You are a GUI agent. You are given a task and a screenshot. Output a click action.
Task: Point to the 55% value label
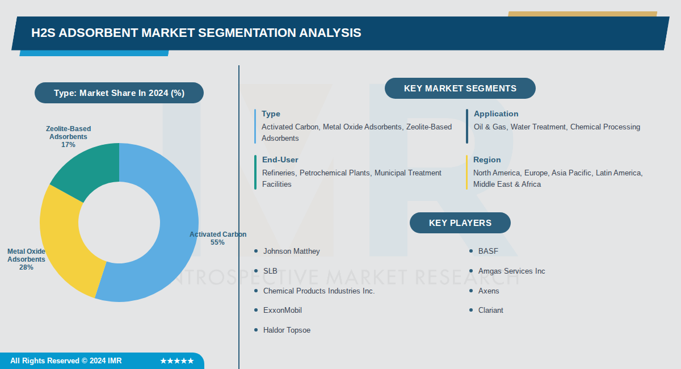pyautogui.click(x=217, y=242)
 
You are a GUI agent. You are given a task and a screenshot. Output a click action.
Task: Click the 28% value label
pyautogui.click(x=26, y=267)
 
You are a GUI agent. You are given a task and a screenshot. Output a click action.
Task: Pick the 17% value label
pyautogui.click(x=68, y=145)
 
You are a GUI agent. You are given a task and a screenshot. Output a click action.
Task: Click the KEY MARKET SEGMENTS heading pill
pyautogui.click(x=460, y=89)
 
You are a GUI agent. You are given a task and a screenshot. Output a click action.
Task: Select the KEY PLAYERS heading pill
pyautogui.click(x=460, y=223)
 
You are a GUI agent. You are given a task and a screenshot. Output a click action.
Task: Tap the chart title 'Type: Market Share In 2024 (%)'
pyautogui.click(x=119, y=93)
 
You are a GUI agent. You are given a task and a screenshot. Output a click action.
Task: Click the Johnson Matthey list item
pyautogui.click(x=291, y=251)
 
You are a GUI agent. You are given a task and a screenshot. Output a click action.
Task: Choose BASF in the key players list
pyautogui.click(x=488, y=251)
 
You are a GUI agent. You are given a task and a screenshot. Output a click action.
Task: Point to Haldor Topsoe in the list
pyautogui.click(x=287, y=330)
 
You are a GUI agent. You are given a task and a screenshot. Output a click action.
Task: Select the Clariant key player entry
pyautogui.click(x=490, y=310)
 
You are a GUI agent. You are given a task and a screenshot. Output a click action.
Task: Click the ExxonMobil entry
pyautogui.click(x=282, y=310)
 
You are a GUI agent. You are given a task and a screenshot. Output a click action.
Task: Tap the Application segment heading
pyautogui.click(x=496, y=114)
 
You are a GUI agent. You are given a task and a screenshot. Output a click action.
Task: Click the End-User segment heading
pyautogui.click(x=280, y=160)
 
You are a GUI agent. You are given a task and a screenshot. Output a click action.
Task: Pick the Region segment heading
pyautogui.click(x=487, y=160)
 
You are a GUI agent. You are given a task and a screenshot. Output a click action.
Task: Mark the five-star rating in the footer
pyautogui.click(x=176, y=361)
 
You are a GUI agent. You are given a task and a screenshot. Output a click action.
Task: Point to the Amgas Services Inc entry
pyautogui.click(x=511, y=271)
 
